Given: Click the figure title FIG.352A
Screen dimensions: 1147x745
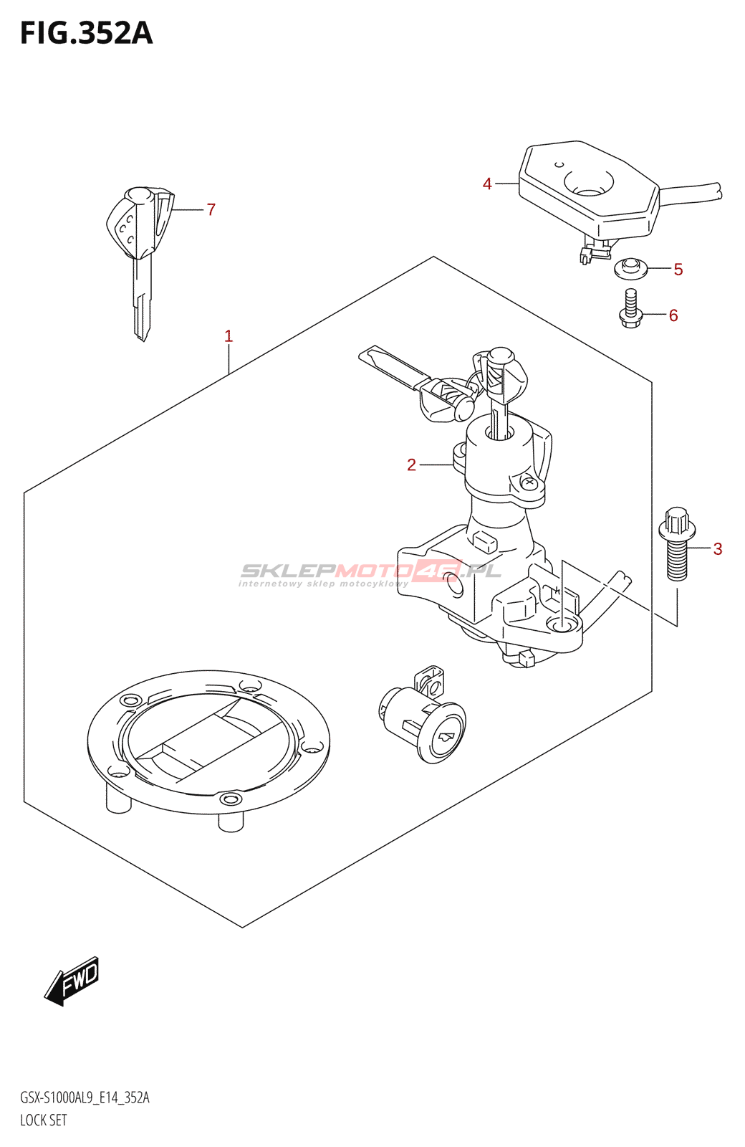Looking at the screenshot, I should [86, 34].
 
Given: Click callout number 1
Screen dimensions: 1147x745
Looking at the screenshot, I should [229, 335].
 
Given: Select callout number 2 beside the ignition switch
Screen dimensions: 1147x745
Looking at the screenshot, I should [411, 465].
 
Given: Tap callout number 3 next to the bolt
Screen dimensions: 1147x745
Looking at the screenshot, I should [717, 549].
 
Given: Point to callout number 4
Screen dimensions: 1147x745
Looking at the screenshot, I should [487, 184].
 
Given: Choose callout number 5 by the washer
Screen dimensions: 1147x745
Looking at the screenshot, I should [678, 270].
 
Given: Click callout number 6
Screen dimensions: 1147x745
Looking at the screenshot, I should [673, 315].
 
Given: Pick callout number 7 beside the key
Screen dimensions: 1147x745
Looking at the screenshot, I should [211, 209].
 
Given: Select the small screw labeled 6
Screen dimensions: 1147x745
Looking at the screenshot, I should [630, 310].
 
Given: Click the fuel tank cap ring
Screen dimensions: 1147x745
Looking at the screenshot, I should [208, 742].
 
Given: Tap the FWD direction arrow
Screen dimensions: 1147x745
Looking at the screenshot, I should [72, 981].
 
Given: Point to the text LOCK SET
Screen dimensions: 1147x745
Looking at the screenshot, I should [44, 1120].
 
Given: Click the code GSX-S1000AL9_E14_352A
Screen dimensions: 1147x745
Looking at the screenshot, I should [85, 1098].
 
